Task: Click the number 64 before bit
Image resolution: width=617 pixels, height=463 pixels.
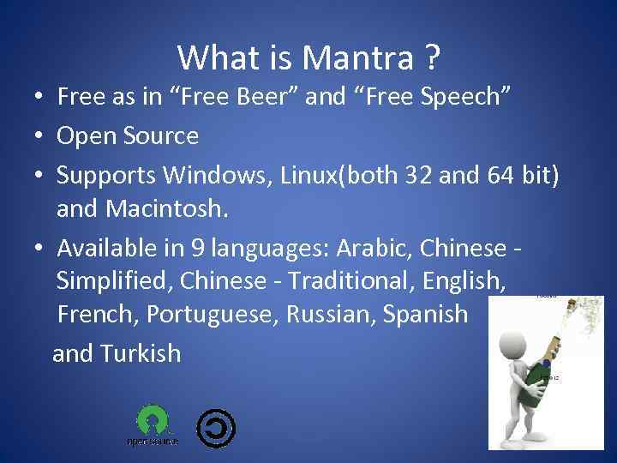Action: point(487,174)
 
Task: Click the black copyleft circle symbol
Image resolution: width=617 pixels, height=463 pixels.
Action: point(216,427)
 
